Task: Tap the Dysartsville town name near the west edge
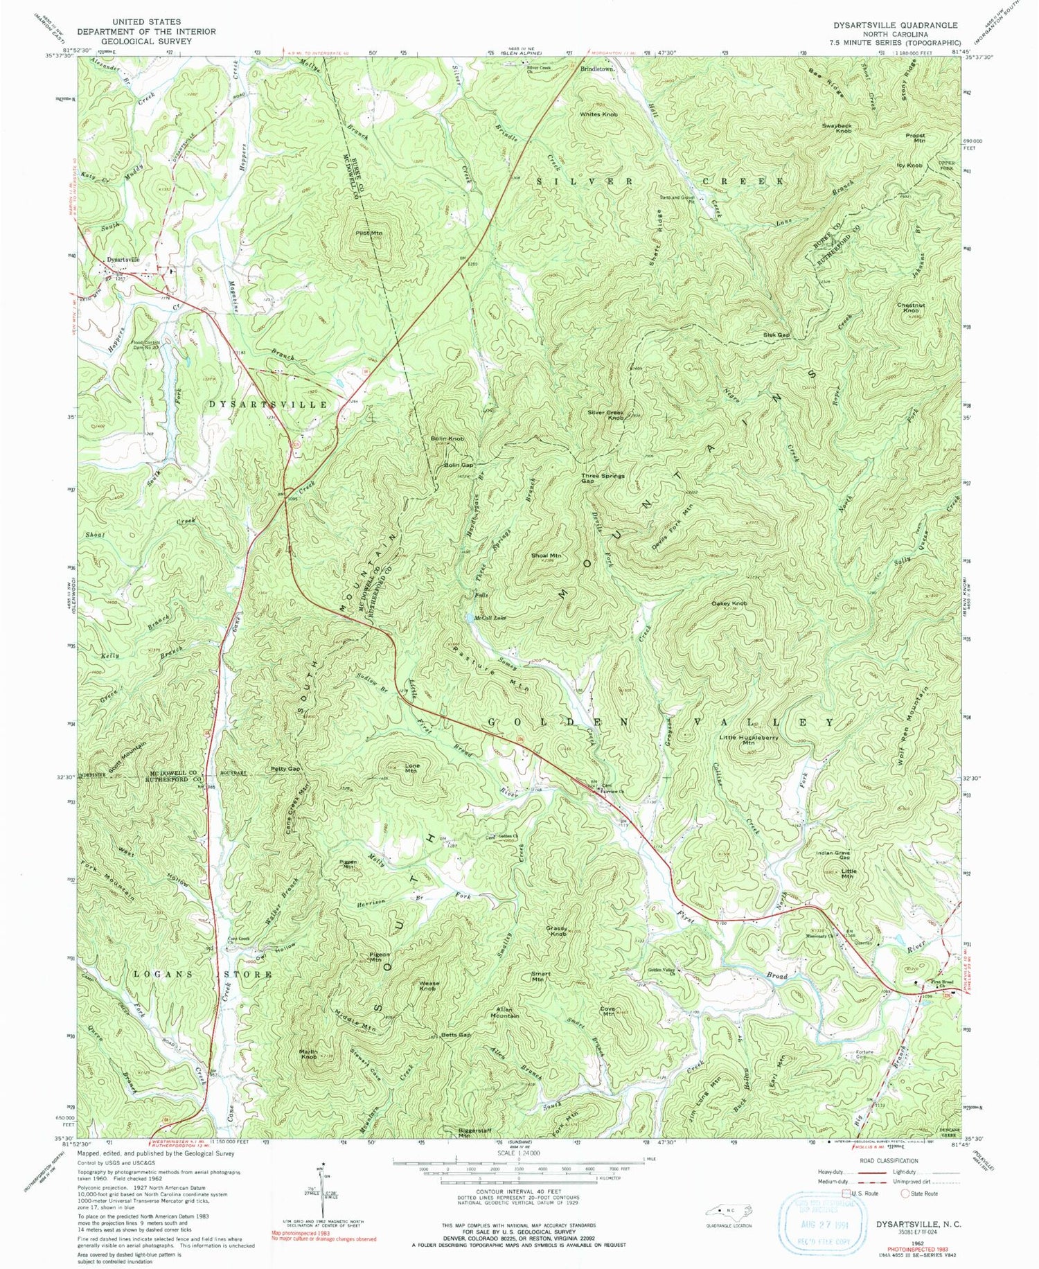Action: [x=122, y=260]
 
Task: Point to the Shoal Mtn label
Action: [x=546, y=556]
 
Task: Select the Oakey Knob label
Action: [x=729, y=603]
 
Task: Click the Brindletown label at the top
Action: [x=598, y=70]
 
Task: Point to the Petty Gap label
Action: [x=285, y=769]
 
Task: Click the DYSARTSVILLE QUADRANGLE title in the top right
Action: [x=896, y=25]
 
